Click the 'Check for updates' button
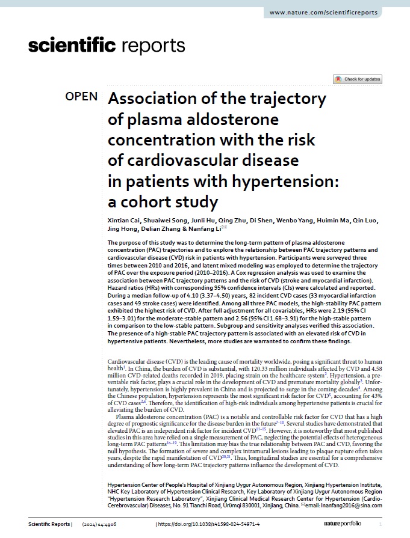click(x=358, y=79)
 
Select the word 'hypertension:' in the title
click(x=282, y=181)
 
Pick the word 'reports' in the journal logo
click(x=154, y=45)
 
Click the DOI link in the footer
click(x=209, y=524)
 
